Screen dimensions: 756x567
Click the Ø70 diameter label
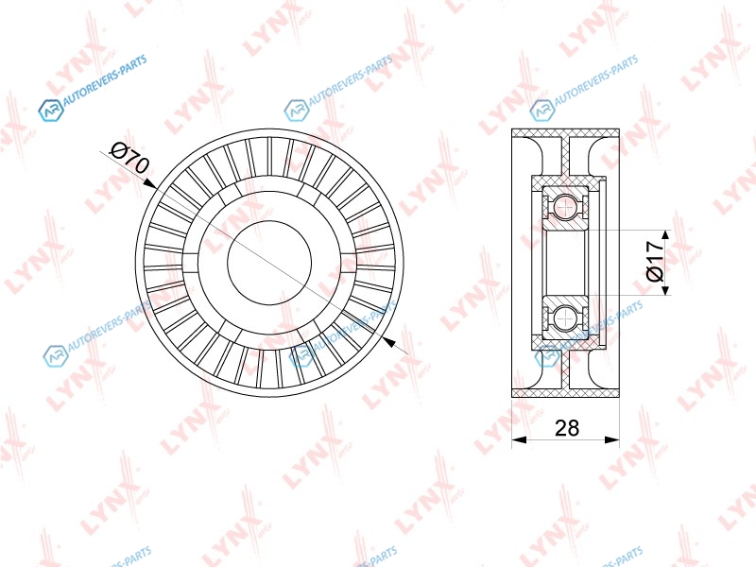click(130, 158)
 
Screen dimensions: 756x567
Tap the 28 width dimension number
click(566, 428)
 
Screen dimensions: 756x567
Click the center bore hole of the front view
click(269, 263)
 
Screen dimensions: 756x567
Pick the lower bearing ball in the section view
click(564, 318)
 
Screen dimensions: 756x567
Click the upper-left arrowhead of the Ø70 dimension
click(150, 183)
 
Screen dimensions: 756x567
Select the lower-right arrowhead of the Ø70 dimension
click(388, 342)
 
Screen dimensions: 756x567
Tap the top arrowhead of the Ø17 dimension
click(665, 235)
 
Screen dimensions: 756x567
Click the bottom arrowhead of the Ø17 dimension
click(665, 289)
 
